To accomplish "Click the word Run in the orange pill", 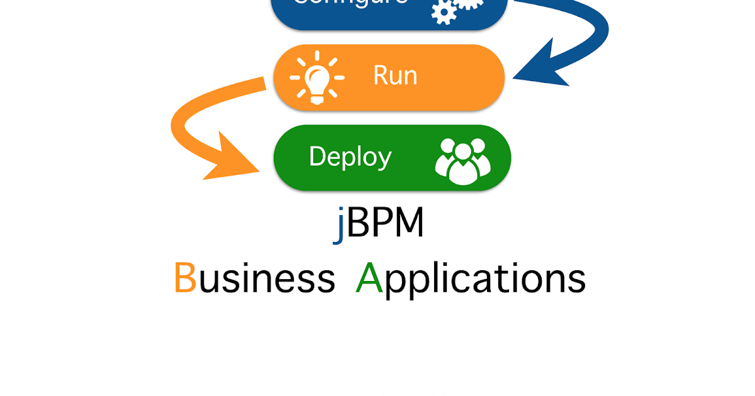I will point(395,75).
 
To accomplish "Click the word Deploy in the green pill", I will point(350,157).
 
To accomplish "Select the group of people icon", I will point(463,161).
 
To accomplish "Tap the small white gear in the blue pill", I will point(444,12).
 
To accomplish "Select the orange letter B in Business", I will point(185,278).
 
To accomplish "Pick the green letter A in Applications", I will point(369,278).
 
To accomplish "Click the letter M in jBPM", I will point(406,224).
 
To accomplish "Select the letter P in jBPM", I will point(376,224).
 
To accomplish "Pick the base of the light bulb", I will point(317,97).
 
